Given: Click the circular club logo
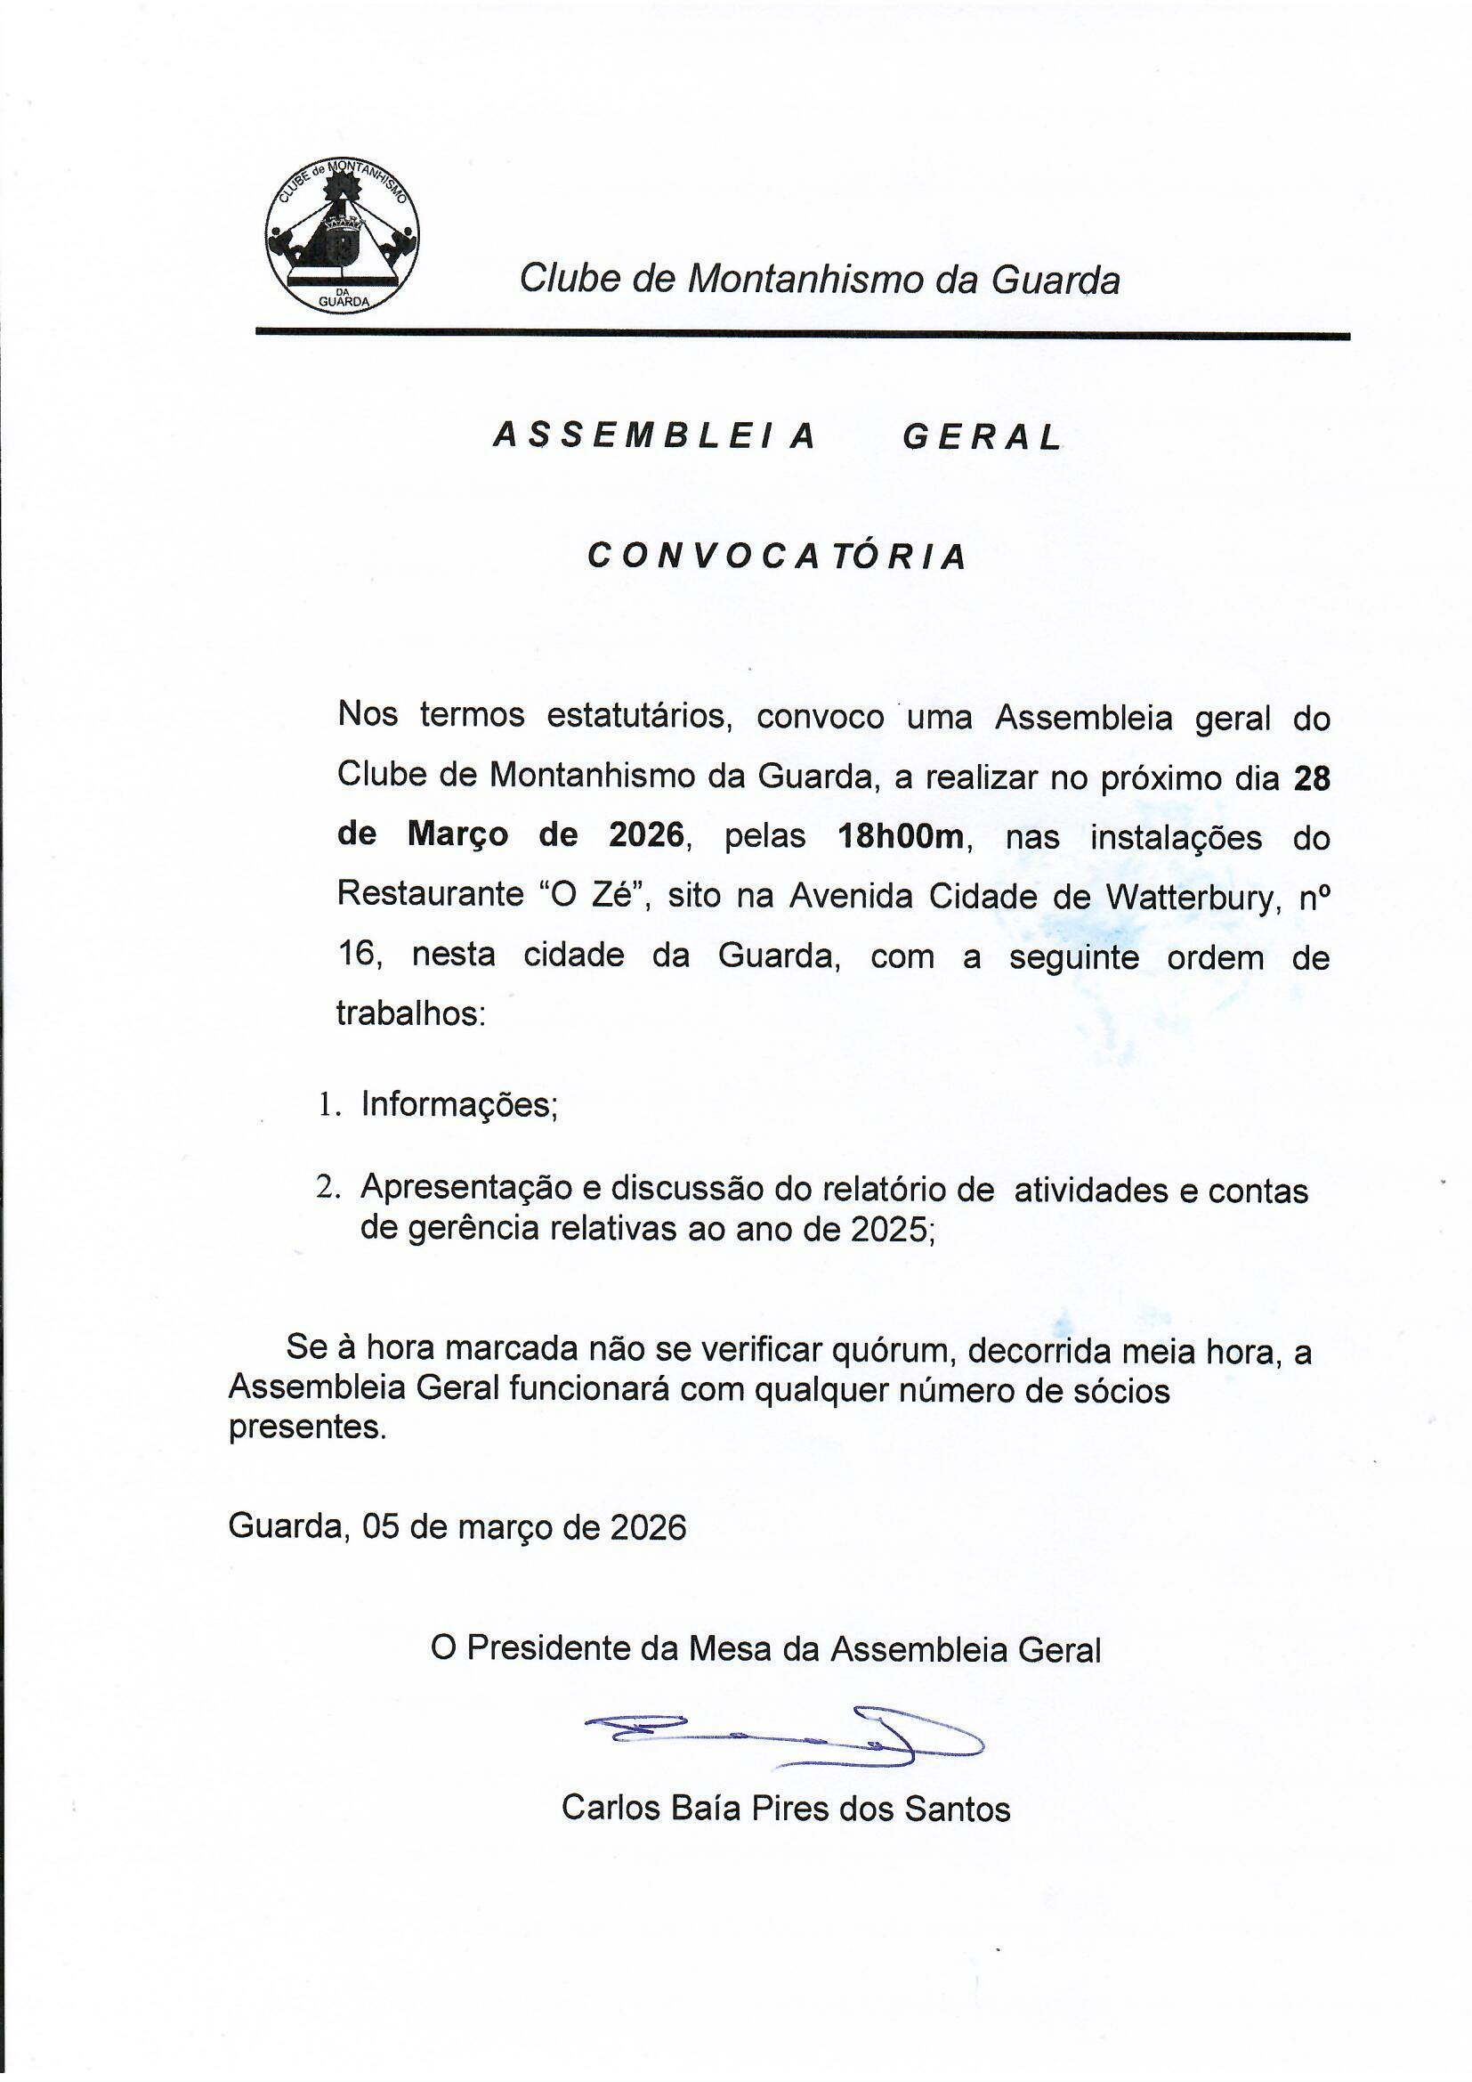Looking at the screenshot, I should [343, 235].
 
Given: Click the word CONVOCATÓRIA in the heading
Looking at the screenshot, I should [777, 556].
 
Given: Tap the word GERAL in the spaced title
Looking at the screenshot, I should [982, 438].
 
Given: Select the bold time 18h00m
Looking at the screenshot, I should [901, 836].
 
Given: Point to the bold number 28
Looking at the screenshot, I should [1311, 778].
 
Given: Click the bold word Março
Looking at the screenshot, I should [457, 834].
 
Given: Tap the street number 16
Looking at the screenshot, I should [355, 955].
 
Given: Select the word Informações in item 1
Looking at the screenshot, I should [458, 1104].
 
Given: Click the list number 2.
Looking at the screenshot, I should [326, 1188].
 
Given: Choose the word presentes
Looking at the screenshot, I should [306, 1427].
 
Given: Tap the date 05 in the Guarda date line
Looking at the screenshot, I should [381, 1527].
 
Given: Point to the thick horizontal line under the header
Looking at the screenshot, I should [802, 335].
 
